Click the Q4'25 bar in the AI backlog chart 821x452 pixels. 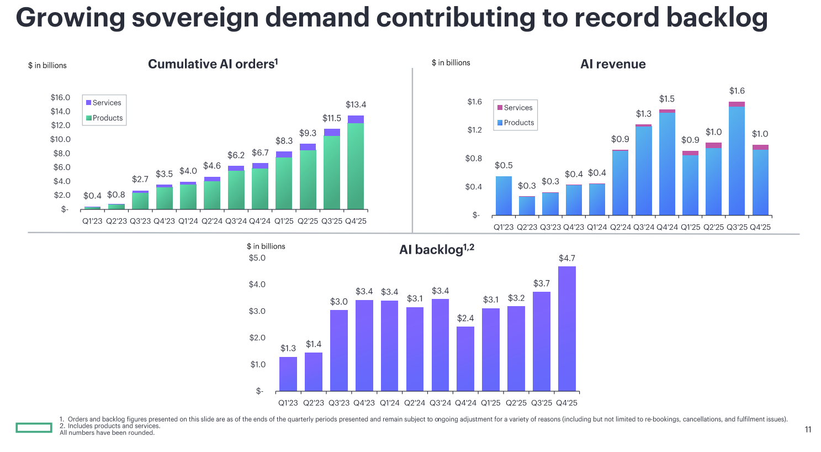pos(567,329)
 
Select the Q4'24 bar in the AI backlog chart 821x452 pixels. pos(465,359)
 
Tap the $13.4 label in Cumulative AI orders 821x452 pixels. pos(356,104)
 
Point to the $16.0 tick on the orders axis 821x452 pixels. pos(60,98)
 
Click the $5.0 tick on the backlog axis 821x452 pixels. pos(257,258)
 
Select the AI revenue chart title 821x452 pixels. pos(613,64)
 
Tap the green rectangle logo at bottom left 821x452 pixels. pos(34,427)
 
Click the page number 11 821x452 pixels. pos(808,429)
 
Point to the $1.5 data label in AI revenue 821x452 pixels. pos(666,99)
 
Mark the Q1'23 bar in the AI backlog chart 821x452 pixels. pos(288,374)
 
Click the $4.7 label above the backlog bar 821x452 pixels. pos(567,258)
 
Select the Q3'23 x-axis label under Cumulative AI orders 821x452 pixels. pos(140,221)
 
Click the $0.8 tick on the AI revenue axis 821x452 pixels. pos(474,159)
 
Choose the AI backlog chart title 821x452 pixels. pos(436,250)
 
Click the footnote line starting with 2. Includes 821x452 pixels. pos(110,426)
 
